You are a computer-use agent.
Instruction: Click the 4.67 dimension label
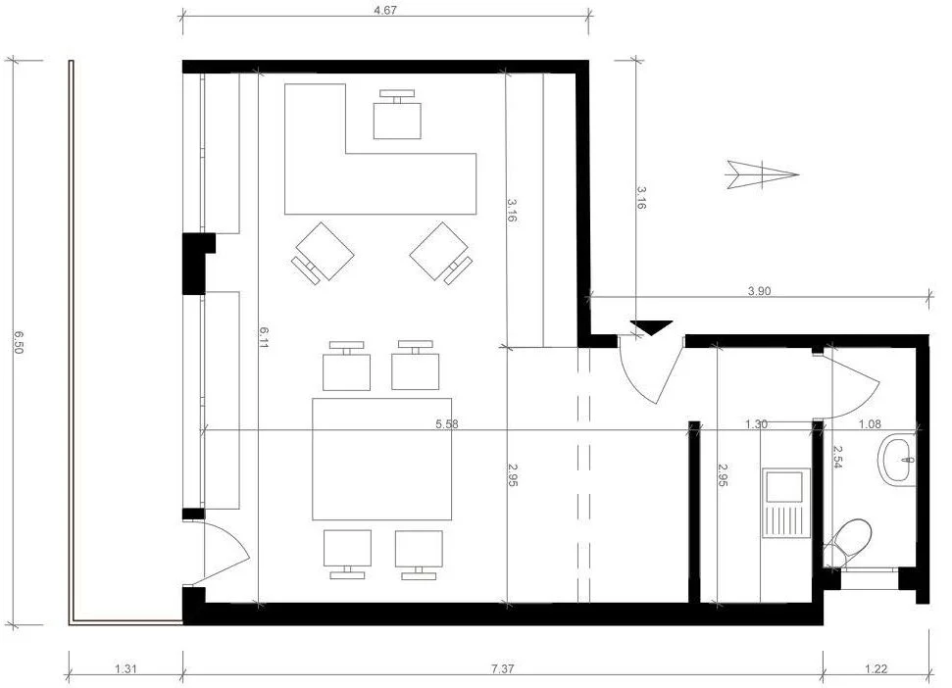tap(385, 11)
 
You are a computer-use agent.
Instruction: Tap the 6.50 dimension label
tap(19, 342)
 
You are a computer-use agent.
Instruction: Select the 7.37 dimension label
tap(503, 668)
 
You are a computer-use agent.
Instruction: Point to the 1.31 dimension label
tap(125, 668)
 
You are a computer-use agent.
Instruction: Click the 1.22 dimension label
tap(877, 668)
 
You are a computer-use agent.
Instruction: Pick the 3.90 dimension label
tap(759, 291)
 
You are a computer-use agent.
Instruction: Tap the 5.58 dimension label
tap(447, 424)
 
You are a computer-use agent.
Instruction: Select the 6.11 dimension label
tap(265, 337)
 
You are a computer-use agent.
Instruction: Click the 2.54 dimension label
tap(838, 457)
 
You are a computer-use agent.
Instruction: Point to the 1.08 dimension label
tap(870, 424)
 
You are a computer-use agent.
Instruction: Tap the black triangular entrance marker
tap(651, 327)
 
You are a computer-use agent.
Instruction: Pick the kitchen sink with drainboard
tap(785, 503)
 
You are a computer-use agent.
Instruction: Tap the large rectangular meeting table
tap(382, 459)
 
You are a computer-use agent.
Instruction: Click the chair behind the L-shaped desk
tap(398, 116)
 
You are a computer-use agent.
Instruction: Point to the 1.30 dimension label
tap(756, 424)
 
